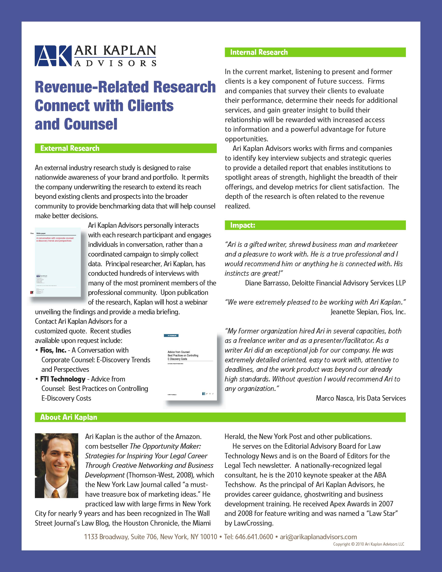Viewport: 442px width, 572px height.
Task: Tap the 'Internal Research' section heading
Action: pyautogui.click(x=259, y=52)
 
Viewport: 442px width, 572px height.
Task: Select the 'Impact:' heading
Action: pyautogui.click(x=243, y=225)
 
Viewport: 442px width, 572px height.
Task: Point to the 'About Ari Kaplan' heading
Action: pyautogui.click(x=69, y=417)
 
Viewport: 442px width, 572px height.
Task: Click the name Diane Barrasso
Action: pyautogui.click(x=267, y=283)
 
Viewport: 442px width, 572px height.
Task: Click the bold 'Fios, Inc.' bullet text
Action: pyautogui.click(x=53, y=350)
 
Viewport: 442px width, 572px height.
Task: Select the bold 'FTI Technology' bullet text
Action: pyautogui.click(x=63, y=379)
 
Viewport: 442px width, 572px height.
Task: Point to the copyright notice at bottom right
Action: pyautogui.click(x=368, y=544)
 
